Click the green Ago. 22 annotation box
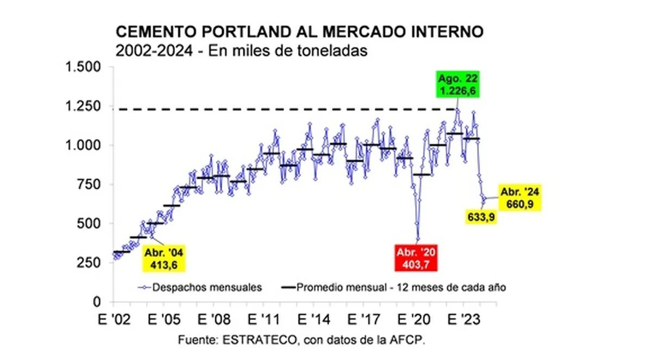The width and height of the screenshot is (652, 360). coord(457,84)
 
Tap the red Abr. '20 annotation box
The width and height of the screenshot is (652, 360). coord(416,258)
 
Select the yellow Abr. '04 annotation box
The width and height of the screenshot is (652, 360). coord(164,258)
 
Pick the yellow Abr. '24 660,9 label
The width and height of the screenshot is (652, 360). coord(520,198)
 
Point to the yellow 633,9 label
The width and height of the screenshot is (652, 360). coord(481,217)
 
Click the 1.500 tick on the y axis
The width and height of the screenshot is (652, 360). coord(83,67)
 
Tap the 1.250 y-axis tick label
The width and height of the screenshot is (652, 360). coord(83,106)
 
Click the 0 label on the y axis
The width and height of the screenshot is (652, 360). coord(97,302)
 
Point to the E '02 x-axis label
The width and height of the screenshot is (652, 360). coord(115,320)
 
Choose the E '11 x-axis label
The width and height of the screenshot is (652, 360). coord(264,320)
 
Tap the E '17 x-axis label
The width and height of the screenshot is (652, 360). coord(364,320)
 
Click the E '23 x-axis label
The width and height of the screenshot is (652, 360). coord(463,320)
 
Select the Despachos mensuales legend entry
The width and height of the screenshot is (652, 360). coord(200,287)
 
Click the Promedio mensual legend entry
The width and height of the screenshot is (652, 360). coord(394,287)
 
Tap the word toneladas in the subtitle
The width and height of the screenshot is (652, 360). coord(332,50)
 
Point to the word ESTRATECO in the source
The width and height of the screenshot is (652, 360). coord(260,340)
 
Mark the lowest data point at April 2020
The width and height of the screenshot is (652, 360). coord(418,239)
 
